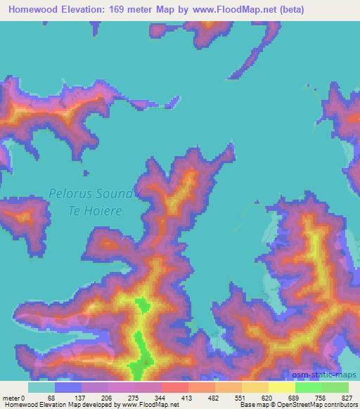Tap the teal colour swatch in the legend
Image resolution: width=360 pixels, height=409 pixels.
[41, 387]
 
